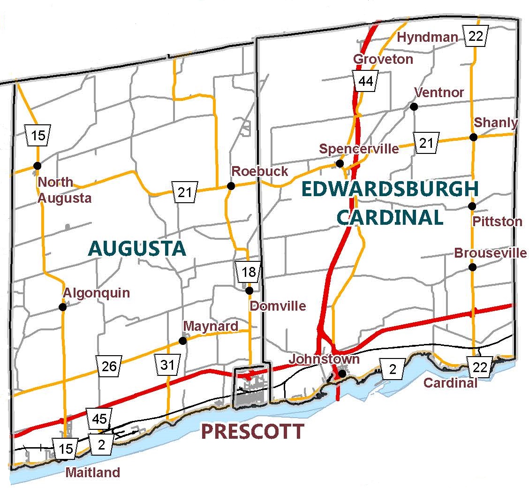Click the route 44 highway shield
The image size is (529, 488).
point(365,81)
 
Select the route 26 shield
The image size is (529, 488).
point(109,366)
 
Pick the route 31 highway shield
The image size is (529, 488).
point(167,365)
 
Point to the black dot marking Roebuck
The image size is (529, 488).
point(231,186)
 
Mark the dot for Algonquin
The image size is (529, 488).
point(62,307)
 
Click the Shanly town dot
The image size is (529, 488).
point(473,137)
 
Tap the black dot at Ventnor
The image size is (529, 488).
point(414,107)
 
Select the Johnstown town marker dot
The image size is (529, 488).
point(342,374)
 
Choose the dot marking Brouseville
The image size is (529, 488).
point(472,267)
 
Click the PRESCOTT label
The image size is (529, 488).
point(252,431)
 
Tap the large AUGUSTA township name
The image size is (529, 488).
point(137,248)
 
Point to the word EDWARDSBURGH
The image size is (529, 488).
point(390,189)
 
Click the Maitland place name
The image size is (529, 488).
point(92,472)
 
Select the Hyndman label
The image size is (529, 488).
point(427,38)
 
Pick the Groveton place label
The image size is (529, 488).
point(383,59)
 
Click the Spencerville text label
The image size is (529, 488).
point(359,149)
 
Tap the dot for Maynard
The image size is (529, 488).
point(183,341)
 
